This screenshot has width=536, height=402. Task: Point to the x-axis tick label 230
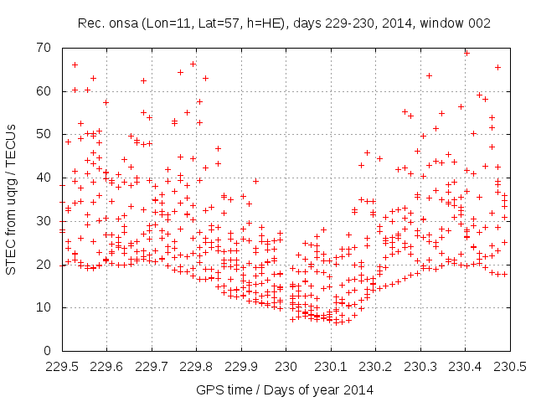286,366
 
